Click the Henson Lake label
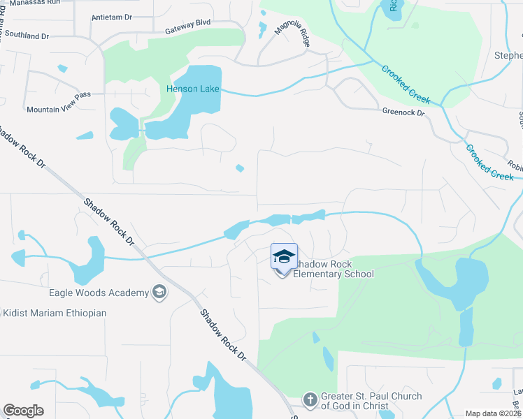pos(192,89)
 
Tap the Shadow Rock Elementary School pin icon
pos(284,258)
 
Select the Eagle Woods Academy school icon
pos(159,293)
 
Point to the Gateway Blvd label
pos(187,31)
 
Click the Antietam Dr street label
pos(112,17)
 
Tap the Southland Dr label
pos(24,35)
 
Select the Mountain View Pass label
pos(58,110)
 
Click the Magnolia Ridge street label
pos(295,35)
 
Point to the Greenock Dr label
pos(403,112)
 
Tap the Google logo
pos(23,411)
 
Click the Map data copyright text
pos(492,413)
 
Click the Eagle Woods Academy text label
pos(99,293)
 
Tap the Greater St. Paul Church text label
pos(371,401)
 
